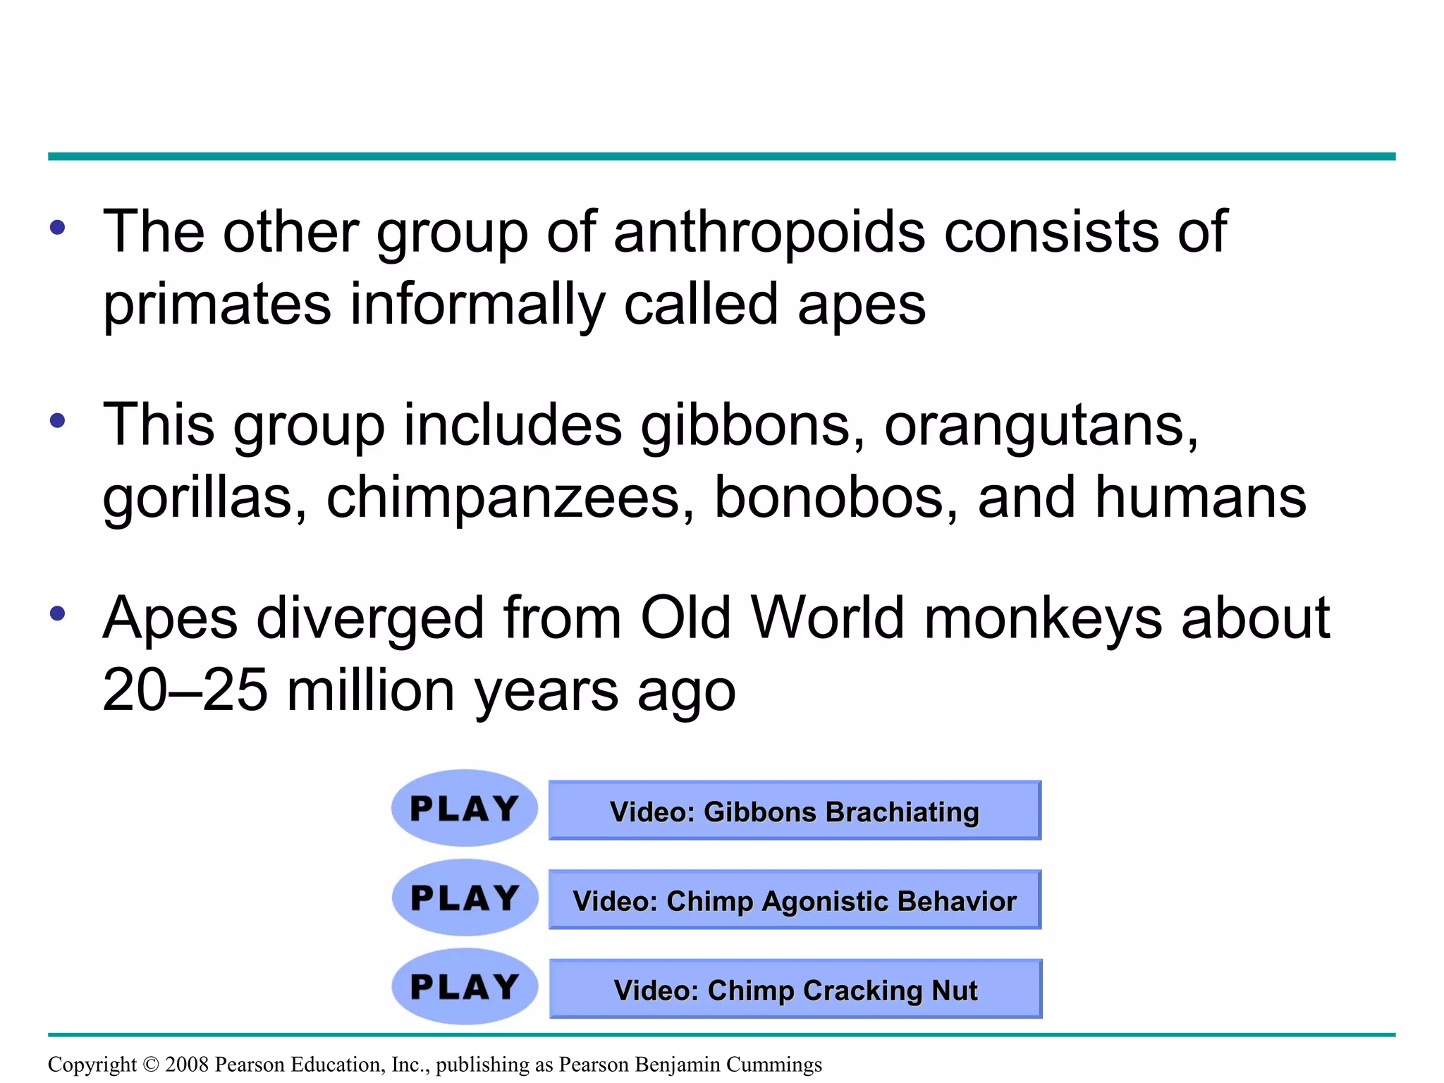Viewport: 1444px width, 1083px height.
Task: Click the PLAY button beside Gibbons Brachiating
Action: pyautogui.click(x=465, y=808)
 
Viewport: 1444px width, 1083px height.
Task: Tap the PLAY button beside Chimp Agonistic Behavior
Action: pyautogui.click(x=465, y=898)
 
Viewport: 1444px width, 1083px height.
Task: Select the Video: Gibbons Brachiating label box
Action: pyautogui.click(x=795, y=811)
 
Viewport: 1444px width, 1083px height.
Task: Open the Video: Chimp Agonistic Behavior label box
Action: pyautogui.click(x=795, y=900)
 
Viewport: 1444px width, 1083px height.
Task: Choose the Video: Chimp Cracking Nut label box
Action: pyautogui.click(x=795, y=989)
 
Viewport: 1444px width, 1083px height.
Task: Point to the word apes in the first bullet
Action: pyautogui.click(x=862, y=305)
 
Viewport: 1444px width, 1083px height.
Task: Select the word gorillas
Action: pyautogui.click(x=204, y=498)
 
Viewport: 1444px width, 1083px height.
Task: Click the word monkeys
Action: pyautogui.click(x=1043, y=619)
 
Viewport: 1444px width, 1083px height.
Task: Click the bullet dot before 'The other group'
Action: pyautogui.click(x=58, y=228)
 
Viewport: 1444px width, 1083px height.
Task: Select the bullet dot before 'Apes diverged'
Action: pyautogui.click(x=58, y=613)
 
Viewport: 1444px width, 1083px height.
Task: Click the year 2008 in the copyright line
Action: pyautogui.click(x=187, y=1064)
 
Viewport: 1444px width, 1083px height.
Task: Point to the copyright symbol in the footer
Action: pyautogui.click(x=151, y=1065)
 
